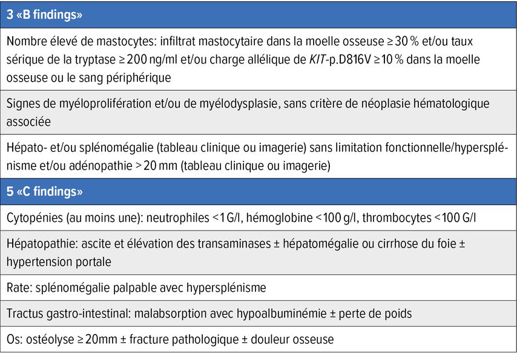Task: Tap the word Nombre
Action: point(25,42)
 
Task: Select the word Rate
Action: point(17,287)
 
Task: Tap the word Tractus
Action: point(25,313)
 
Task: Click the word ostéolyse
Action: point(45,340)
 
